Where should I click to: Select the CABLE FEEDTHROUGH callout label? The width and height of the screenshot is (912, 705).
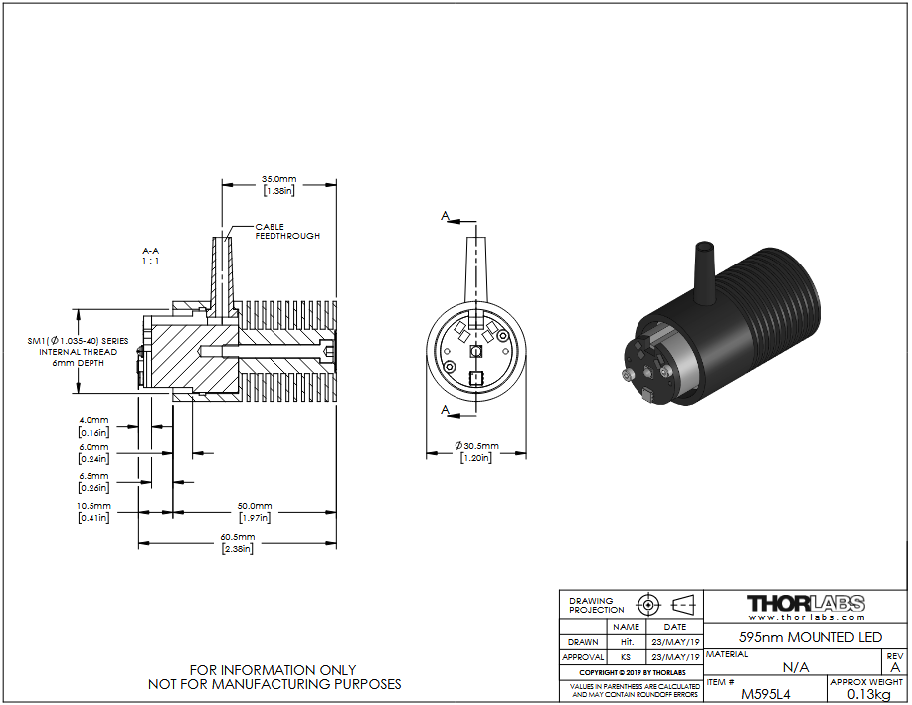pyautogui.click(x=287, y=231)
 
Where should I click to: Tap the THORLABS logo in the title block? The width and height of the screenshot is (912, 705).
pyautogui.click(x=806, y=603)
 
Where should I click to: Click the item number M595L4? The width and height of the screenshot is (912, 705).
pyautogui.click(x=766, y=694)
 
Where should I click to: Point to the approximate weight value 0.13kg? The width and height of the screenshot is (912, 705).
pyautogui.click(x=868, y=694)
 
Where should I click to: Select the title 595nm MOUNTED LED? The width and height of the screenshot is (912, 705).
pyautogui.click(x=811, y=637)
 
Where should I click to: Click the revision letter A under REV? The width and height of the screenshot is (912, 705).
pyautogui.click(x=895, y=667)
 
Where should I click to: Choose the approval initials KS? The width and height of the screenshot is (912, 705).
pyautogui.click(x=626, y=657)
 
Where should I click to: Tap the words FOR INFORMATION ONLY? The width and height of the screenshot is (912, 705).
pyautogui.click(x=273, y=670)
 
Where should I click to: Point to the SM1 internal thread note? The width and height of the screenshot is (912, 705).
pyautogui.click(x=78, y=352)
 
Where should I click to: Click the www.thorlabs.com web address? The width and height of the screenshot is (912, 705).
pyautogui.click(x=807, y=617)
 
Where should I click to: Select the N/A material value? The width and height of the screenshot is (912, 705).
pyautogui.click(x=795, y=667)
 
